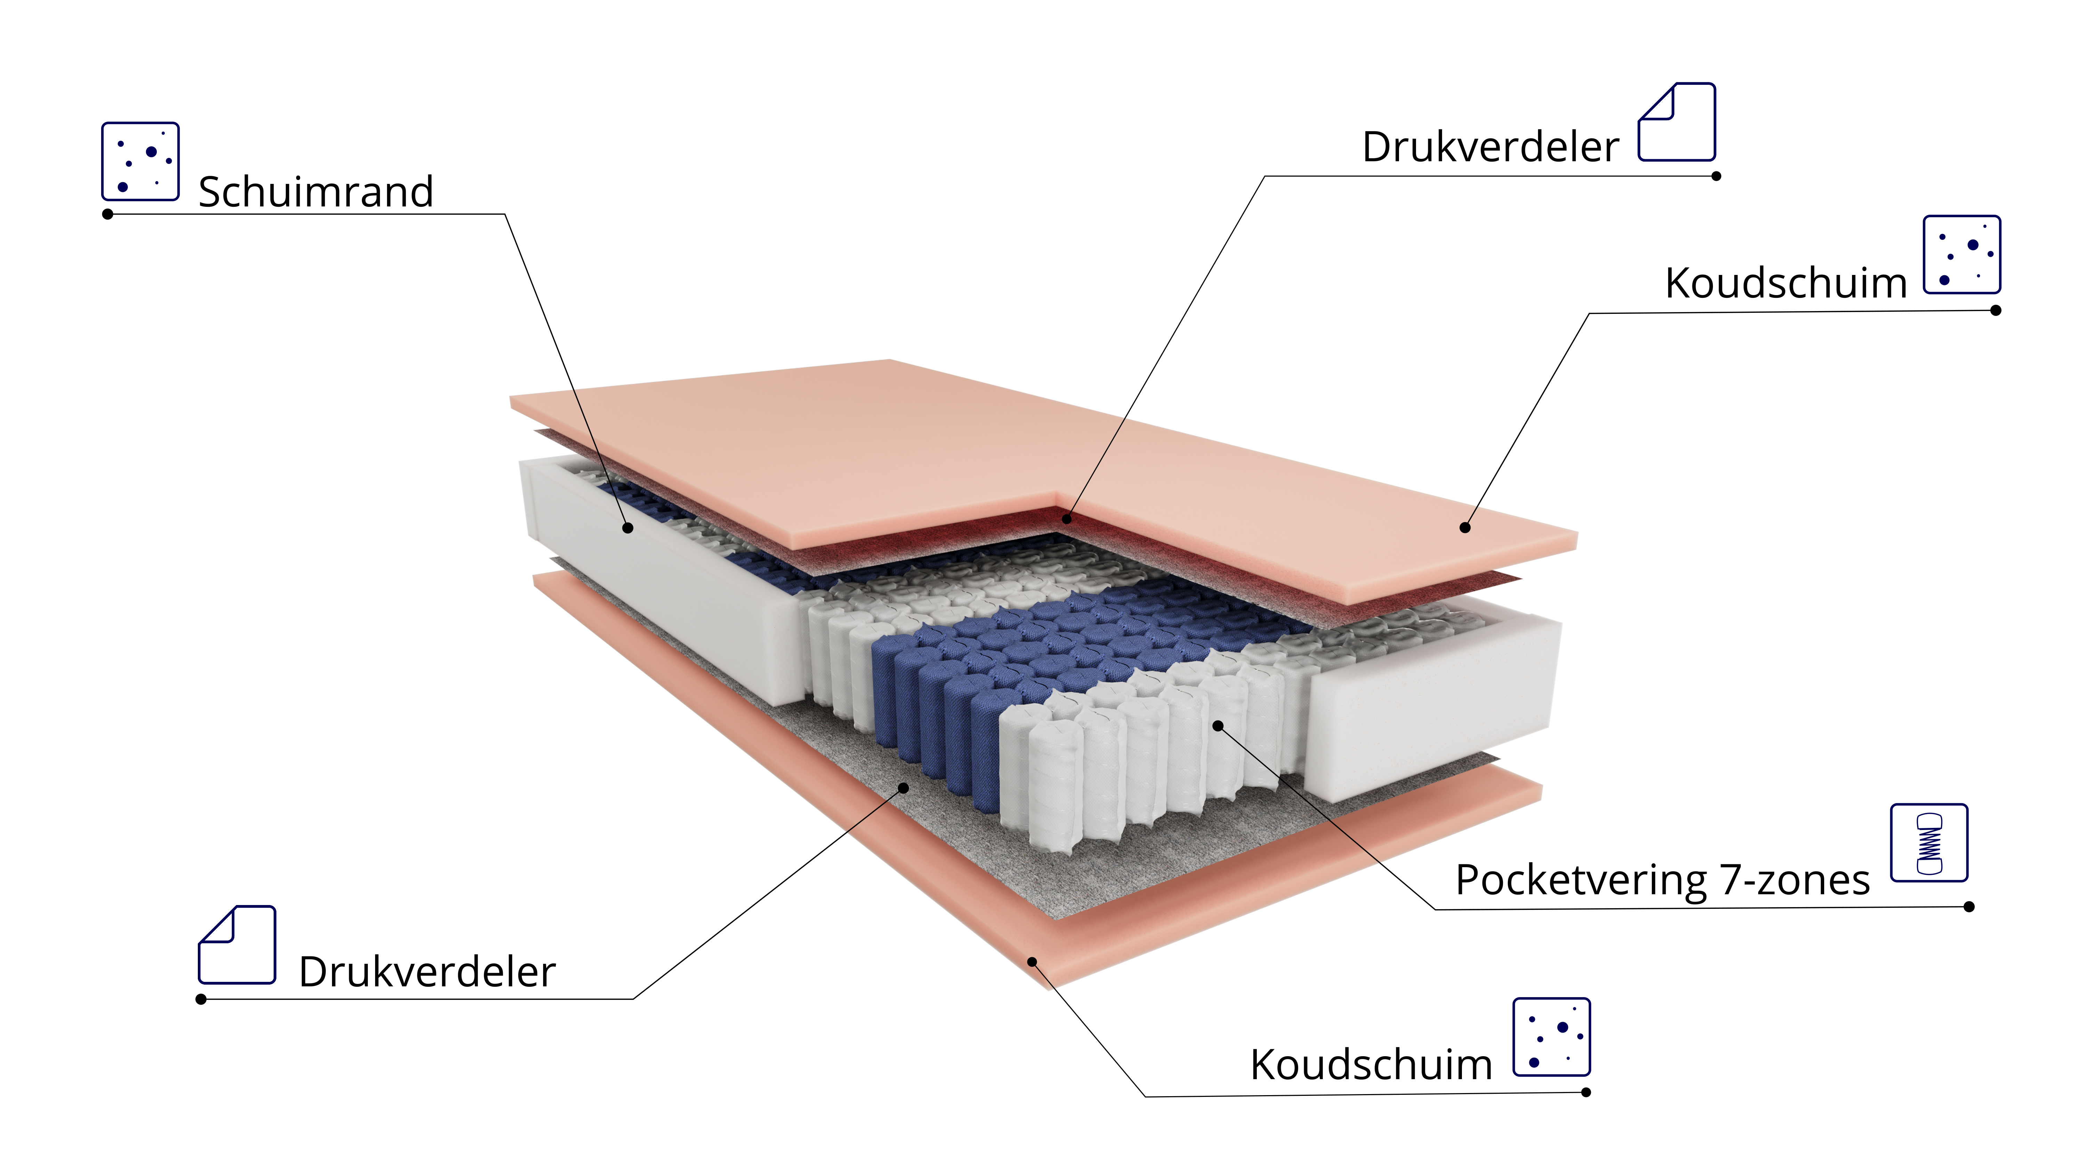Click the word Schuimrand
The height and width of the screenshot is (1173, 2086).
tap(316, 192)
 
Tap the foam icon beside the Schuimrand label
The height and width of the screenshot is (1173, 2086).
tap(140, 161)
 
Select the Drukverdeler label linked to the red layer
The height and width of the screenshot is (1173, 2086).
tap(1491, 147)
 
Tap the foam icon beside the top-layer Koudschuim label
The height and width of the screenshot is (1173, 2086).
tap(1962, 254)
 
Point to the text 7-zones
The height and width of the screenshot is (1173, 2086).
tap(1795, 880)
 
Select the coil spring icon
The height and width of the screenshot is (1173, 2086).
tap(1929, 843)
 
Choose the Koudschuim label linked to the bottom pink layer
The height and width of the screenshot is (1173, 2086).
tap(1371, 1065)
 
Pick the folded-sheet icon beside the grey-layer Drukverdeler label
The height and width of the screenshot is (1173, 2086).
tap(237, 945)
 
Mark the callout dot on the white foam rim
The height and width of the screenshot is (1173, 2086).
tap(628, 528)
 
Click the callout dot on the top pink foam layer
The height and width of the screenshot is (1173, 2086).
tap(1465, 528)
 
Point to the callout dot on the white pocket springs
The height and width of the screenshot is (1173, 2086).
tap(1218, 726)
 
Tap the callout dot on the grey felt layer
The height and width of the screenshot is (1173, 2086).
tap(904, 788)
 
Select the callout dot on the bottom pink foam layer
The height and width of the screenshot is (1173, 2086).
tap(1033, 962)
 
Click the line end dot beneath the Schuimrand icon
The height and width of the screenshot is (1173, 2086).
tap(108, 214)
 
